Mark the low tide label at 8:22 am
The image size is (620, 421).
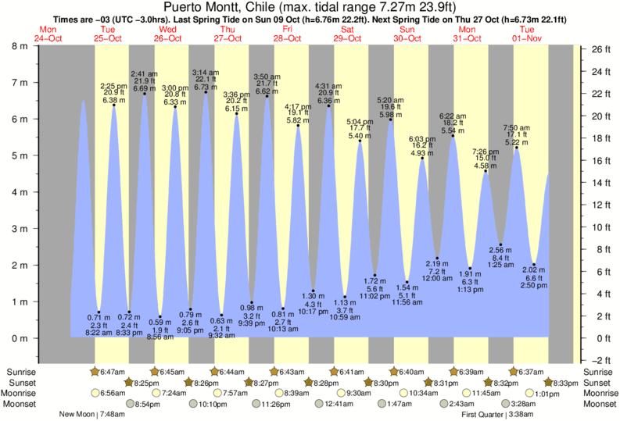(99, 332)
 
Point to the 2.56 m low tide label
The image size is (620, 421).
(500, 249)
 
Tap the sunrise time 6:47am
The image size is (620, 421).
(109, 372)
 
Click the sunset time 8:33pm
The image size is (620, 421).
(564, 383)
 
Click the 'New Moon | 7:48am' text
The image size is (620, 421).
(91, 415)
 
